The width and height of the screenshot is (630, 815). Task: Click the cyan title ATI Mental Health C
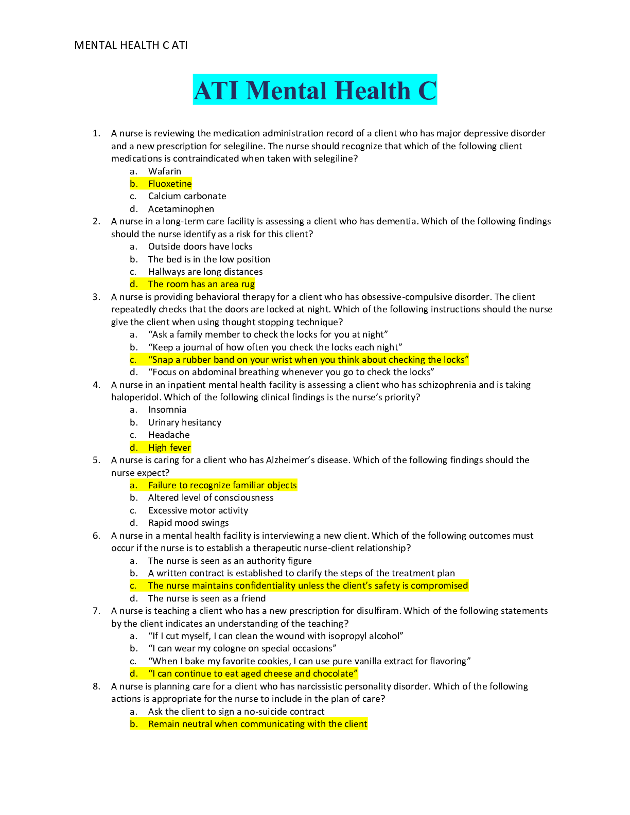pos(314,90)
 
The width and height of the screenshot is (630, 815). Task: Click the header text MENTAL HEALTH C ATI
pos(131,45)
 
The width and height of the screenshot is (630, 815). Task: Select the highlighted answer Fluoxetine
pos(170,184)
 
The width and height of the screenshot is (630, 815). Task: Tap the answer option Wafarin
pos(164,171)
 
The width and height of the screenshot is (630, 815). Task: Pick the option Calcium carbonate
pos(187,196)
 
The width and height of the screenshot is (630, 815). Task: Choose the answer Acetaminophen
pos(181,209)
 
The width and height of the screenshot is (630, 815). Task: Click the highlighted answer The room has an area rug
pos(201,284)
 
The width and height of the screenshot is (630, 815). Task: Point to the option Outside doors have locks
pos(200,246)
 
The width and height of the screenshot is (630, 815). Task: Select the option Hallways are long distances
pos(205,272)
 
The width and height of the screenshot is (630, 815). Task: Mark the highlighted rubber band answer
pos(308,360)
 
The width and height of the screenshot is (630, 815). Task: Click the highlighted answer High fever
pos(169,448)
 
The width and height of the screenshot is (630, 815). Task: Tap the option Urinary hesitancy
pos(185,422)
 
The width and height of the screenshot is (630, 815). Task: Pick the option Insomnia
pos(167,410)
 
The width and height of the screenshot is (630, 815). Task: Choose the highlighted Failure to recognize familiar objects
pos(222,485)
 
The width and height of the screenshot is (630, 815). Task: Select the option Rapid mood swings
pos(188,523)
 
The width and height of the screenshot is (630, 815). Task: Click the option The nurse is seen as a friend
pos(207,598)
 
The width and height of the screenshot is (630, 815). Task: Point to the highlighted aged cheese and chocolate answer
pos(253,674)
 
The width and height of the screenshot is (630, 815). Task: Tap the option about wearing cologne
pos(242,648)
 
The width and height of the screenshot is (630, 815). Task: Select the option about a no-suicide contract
pos(236,712)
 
